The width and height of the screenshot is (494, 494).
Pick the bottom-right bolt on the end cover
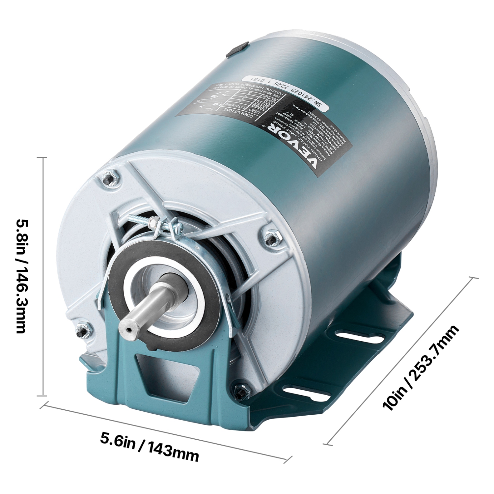click(239, 391)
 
